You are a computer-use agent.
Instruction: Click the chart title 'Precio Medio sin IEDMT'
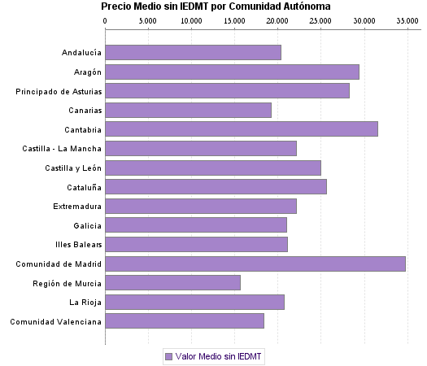point(216,7)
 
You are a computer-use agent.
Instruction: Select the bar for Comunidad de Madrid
point(255,264)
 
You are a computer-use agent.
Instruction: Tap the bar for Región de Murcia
point(172,282)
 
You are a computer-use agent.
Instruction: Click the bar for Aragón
point(232,72)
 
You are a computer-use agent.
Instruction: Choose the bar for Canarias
point(188,110)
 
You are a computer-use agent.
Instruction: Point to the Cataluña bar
point(216,187)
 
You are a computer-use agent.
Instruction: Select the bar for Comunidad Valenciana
point(184,321)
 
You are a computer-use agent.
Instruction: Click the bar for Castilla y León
point(212,168)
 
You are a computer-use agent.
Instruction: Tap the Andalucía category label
point(81,53)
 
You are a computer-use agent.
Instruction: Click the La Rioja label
point(85,303)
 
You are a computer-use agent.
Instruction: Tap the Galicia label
point(87,225)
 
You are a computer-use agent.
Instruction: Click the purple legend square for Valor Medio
point(168,356)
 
